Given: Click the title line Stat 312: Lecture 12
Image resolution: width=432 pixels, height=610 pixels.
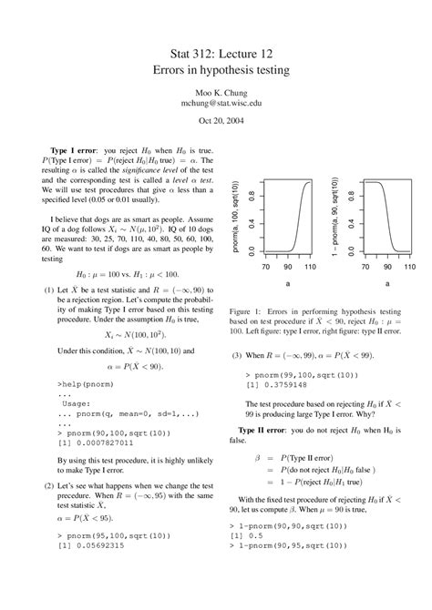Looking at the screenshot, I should (216, 56).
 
